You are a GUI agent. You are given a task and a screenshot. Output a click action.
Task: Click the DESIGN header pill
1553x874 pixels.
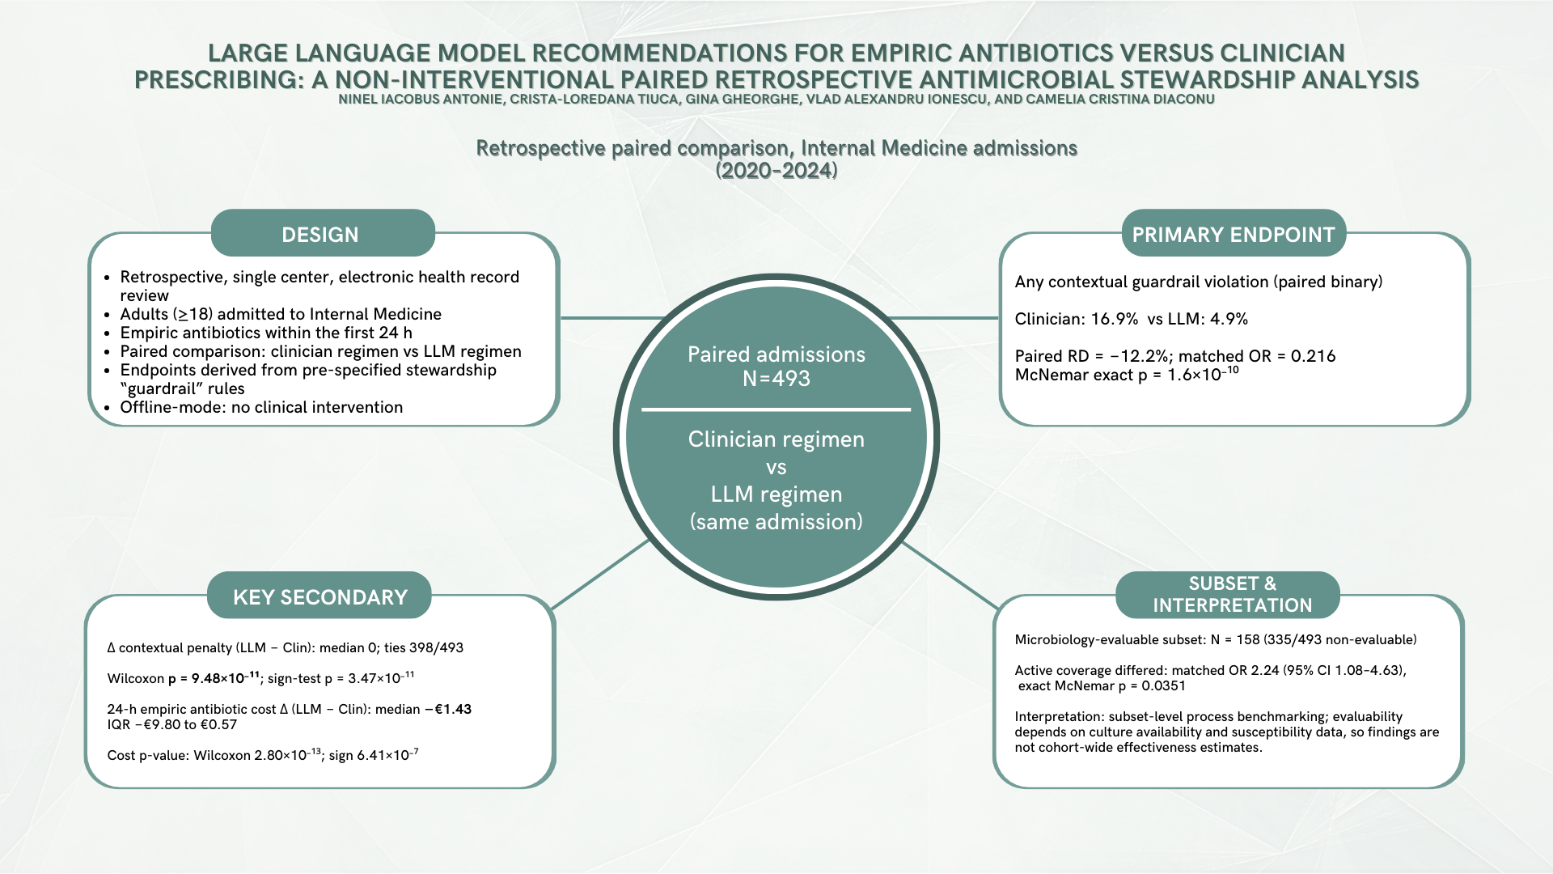(x=323, y=234)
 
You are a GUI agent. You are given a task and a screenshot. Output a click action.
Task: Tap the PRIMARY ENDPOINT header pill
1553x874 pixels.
(x=1233, y=234)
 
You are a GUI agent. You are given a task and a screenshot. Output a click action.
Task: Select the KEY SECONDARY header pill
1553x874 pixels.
(x=319, y=596)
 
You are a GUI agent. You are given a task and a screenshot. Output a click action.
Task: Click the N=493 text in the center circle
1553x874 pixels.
(x=776, y=379)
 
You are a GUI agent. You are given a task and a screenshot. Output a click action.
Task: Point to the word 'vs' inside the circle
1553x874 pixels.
(x=776, y=467)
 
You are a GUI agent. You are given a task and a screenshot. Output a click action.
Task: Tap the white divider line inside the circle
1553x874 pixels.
(x=776, y=409)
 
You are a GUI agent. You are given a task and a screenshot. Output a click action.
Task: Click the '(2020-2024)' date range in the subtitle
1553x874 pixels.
(x=776, y=170)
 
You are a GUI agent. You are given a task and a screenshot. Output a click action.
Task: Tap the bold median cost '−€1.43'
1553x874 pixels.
(x=447, y=709)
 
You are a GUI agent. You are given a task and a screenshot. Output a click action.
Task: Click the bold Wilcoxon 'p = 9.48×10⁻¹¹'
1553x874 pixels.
(x=214, y=677)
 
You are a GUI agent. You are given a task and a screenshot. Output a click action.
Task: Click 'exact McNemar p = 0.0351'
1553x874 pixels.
(x=1102, y=685)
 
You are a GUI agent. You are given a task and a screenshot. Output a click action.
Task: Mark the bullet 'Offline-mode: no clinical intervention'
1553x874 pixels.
(x=261, y=407)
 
